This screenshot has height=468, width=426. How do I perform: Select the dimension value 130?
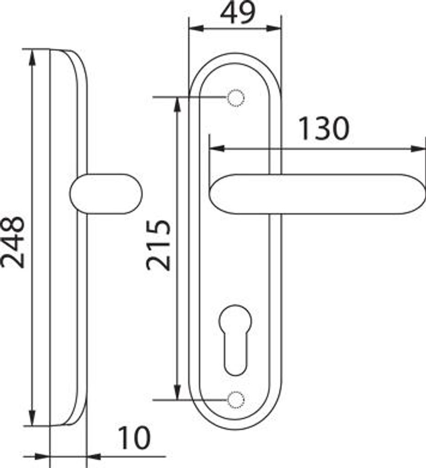pyautogui.click(x=324, y=128)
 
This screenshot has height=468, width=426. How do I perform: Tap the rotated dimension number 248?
pyautogui.click(x=12, y=242)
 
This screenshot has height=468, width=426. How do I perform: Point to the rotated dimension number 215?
pyautogui.click(x=158, y=245)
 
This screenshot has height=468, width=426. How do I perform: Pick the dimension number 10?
pyautogui.click(x=134, y=438)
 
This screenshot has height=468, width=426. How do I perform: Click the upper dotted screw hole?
pyautogui.click(x=236, y=98)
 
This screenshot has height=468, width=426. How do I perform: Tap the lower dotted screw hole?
pyautogui.click(x=236, y=399)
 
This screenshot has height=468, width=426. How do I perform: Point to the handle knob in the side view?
pyautogui.click(x=106, y=194)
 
